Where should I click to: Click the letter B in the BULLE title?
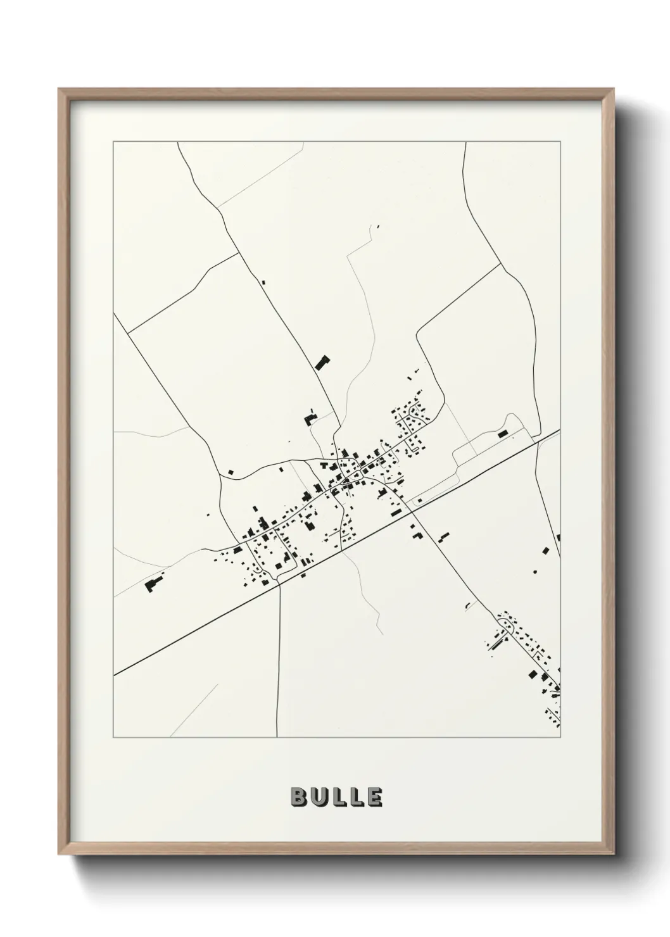coord(299,797)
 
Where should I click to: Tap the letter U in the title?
coord(319,797)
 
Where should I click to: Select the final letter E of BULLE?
coord(374,797)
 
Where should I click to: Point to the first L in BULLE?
coord(338,797)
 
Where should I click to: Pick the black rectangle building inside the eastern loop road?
coord(503,434)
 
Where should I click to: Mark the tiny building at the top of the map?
coord(378,225)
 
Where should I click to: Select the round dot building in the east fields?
coord(536,572)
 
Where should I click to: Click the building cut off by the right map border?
coord(559,538)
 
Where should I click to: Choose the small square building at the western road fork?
coord(231,471)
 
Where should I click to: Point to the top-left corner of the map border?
coord(113,142)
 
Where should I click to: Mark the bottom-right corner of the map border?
coord(561,738)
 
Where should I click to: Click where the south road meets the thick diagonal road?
coord(279,585)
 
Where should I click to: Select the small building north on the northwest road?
coord(263,282)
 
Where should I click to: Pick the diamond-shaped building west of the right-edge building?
coord(543,551)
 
